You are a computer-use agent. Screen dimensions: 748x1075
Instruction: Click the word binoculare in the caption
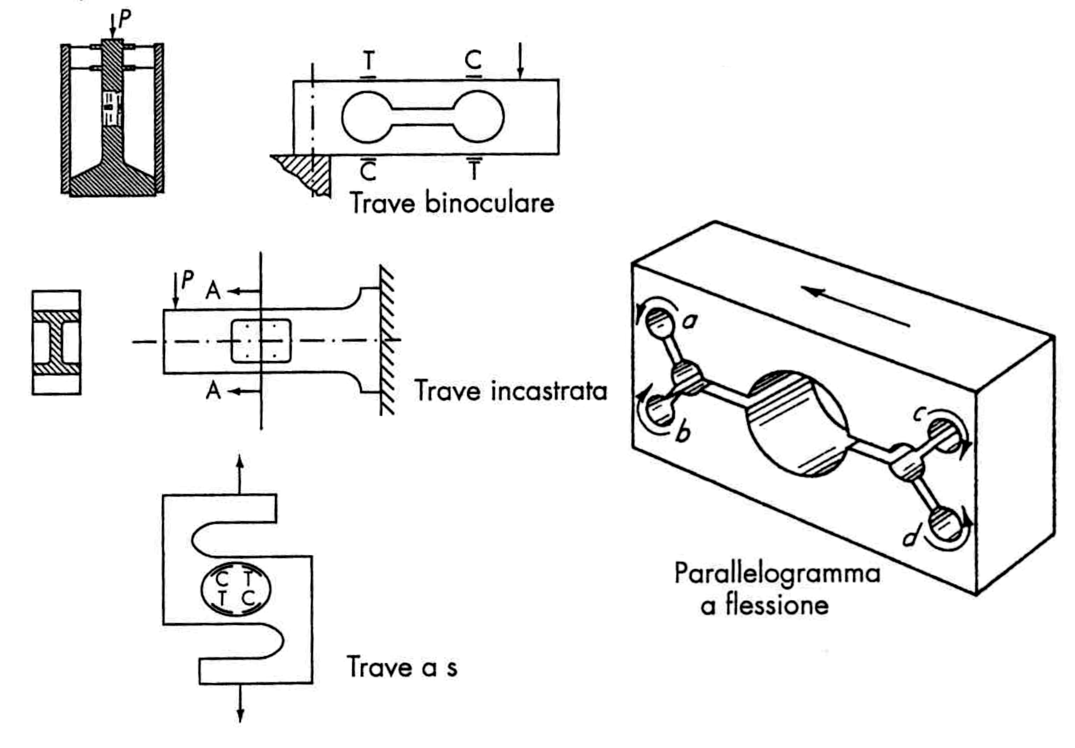[x=489, y=203]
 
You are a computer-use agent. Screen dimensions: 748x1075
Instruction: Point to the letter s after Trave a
[x=451, y=668]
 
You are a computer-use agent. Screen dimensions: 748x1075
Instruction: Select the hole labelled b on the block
[x=659, y=410]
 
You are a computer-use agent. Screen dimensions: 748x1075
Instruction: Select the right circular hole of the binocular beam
[x=478, y=116]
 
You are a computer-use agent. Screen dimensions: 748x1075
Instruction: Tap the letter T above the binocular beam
[x=369, y=60]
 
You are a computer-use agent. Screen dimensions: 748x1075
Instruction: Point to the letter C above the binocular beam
[x=473, y=60]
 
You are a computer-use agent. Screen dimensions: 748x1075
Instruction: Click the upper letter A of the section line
[x=213, y=291]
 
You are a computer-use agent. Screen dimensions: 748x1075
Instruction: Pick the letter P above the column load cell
[x=124, y=19]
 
